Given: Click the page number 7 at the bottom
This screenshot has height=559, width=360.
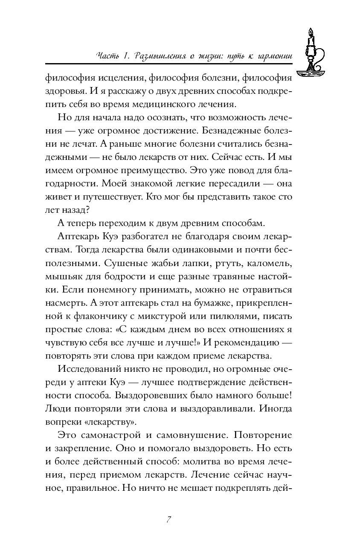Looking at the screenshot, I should click(x=169, y=520).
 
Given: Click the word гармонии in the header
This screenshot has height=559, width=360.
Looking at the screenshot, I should click(x=268, y=56).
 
